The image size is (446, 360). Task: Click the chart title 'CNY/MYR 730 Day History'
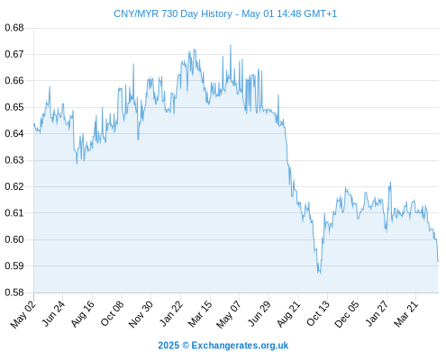[173, 13]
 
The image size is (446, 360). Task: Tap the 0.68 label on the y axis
[14, 28]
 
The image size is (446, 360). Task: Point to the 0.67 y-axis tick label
[14, 54]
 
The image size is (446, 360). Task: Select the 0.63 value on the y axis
[14, 160]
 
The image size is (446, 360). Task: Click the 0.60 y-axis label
[14, 239]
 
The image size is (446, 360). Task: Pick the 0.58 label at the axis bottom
[14, 292]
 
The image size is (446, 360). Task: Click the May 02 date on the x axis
[23, 314]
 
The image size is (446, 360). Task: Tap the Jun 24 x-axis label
[53, 314]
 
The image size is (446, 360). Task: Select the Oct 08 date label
[112, 314]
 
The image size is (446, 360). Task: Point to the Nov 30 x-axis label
[141, 314]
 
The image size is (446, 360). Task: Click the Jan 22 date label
[170, 314]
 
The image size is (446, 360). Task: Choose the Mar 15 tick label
[200, 314]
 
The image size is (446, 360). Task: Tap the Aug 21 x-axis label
[288, 314]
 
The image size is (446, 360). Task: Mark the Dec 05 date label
[347, 314]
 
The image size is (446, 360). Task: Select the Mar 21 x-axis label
[406, 314]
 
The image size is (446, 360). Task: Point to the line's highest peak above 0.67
[231, 45]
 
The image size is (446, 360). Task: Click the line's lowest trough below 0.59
[320, 274]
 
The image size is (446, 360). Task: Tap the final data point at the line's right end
[438, 262]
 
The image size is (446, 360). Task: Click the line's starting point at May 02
[34, 123]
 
